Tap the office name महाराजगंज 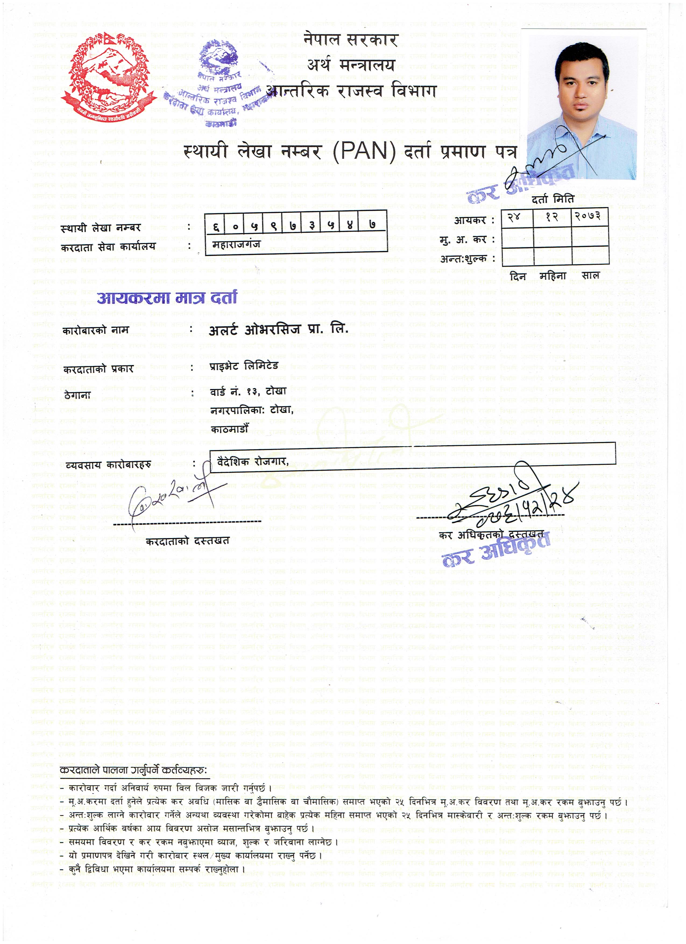(x=236, y=244)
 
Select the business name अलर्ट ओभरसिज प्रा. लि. (x=278, y=330)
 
